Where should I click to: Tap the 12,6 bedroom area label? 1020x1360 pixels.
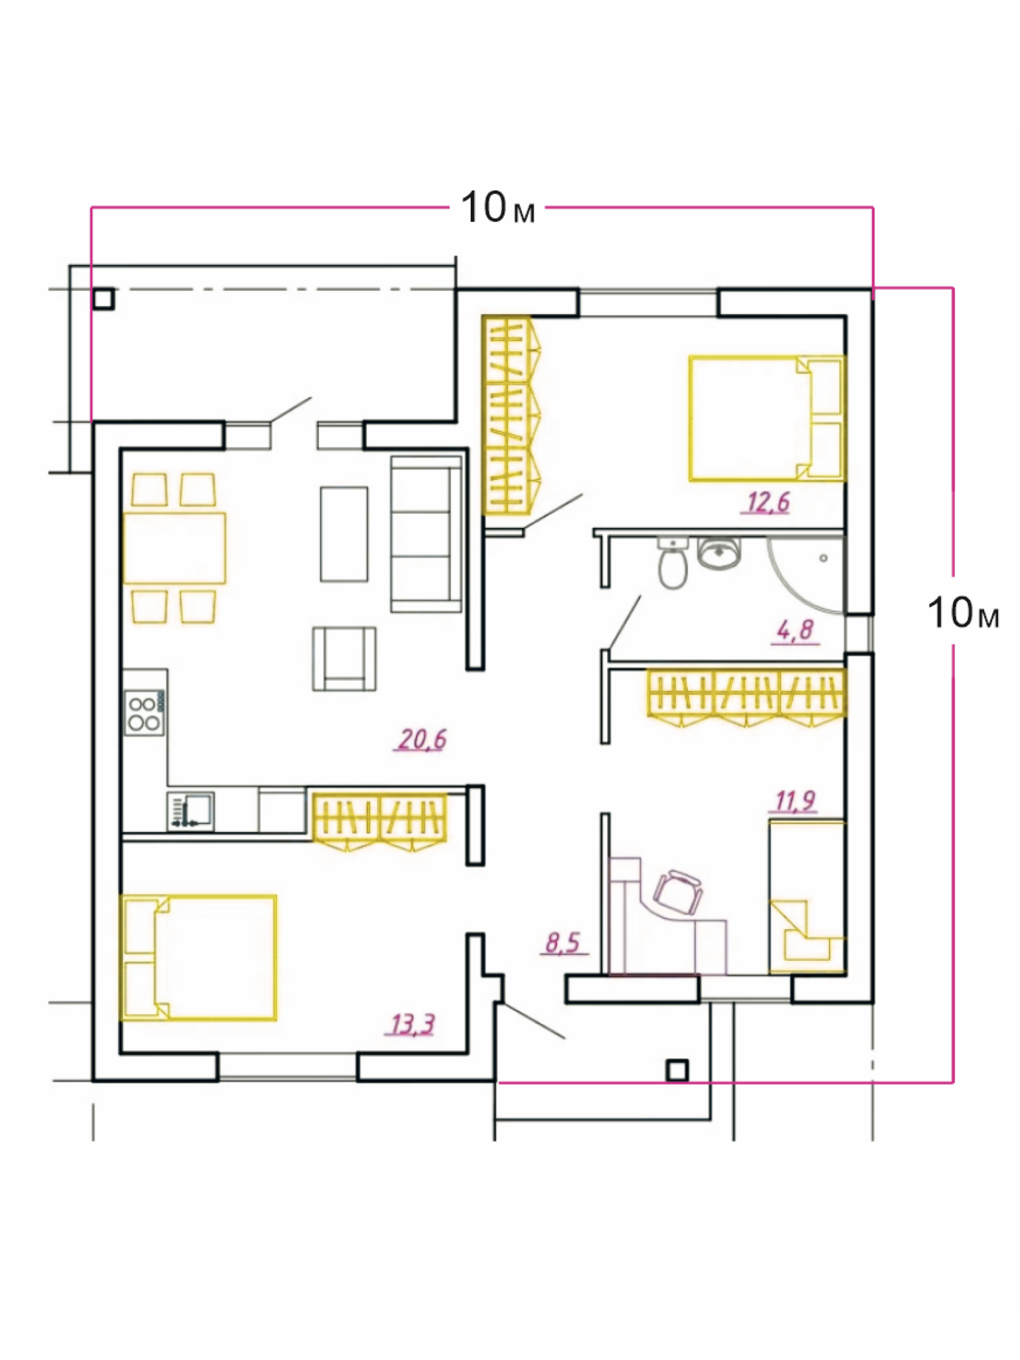coord(768,503)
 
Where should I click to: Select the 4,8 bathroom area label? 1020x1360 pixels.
coord(795,630)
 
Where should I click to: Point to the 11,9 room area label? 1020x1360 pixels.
coord(795,801)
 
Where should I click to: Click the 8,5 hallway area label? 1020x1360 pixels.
coord(563,942)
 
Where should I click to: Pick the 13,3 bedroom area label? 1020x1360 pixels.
coord(412,1025)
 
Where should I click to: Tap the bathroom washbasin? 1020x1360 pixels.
coord(719,553)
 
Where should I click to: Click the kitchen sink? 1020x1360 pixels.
coord(191,810)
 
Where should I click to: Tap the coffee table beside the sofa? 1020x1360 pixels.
coord(344,534)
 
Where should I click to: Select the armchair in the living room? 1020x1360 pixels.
coord(345,659)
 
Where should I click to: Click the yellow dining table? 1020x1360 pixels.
coord(175,548)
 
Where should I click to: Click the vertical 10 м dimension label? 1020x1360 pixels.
coord(964,612)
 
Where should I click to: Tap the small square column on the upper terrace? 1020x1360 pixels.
coord(104,299)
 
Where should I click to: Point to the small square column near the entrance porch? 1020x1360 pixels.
coord(677,1070)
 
